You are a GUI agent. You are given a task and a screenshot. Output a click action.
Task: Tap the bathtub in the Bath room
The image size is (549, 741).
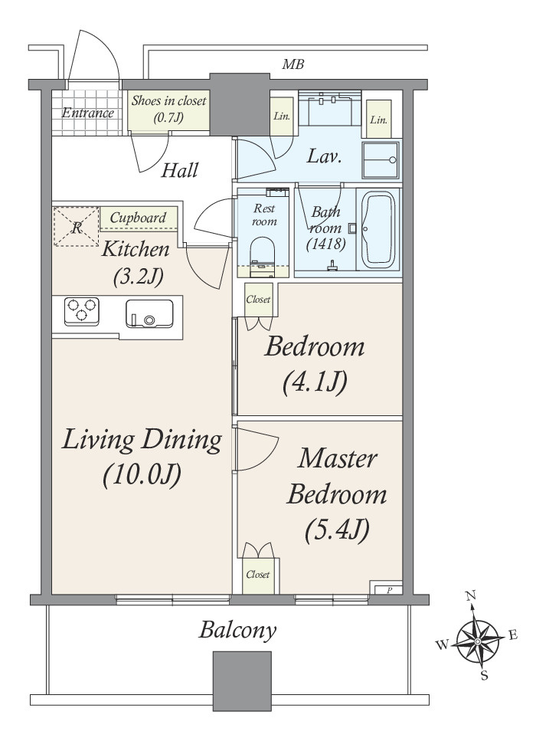pyautogui.click(x=378, y=230)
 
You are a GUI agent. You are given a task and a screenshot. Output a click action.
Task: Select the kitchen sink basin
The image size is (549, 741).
pyautogui.click(x=149, y=313)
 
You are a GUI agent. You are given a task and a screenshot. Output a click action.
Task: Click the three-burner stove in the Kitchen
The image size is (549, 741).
pyautogui.click(x=82, y=311)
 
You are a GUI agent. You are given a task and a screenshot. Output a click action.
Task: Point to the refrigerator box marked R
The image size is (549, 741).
pyautogui.click(x=77, y=226)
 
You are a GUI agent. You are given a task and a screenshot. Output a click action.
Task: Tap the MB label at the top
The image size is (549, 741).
pyautogui.click(x=292, y=64)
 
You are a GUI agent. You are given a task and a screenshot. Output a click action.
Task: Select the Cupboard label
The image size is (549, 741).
pyautogui.click(x=138, y=218)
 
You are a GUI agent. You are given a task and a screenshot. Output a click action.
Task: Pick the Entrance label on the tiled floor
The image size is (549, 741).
pyautogui.click(x=88, y=113)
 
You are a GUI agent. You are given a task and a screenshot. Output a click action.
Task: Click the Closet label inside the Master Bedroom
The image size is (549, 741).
pyautogui.click(x=258, y=575)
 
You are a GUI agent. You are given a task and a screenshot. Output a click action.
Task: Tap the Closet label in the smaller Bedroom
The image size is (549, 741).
pyautogui.click(x=258, y=299)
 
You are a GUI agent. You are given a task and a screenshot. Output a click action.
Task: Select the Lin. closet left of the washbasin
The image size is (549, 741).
pyautogui.click(x=282, y=116)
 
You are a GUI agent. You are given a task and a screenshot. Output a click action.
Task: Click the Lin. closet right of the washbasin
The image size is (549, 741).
pyautogui.click(x=378, y=120)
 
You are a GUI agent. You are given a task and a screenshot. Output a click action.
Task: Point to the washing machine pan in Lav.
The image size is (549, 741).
pyautogui.click(x=381, y=159)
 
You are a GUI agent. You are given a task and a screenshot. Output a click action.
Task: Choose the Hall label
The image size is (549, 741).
pyautogui.click(x=179, y=170)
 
